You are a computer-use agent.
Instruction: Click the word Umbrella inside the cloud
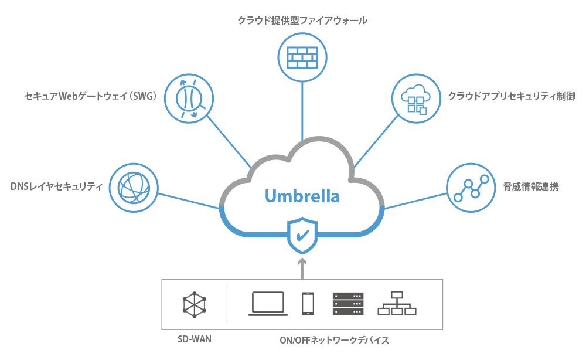[x=302, y=195]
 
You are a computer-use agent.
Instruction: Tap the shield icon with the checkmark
[x=302, y=235]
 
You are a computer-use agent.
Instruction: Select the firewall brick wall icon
[x=302, y=57]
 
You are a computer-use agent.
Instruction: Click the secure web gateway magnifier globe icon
[x=188, y=97]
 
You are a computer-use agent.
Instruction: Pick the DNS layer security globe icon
[x=134, y=187]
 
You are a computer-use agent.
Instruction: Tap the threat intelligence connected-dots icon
[x=471, y=188]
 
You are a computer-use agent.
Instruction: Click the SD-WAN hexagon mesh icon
[x=195, y=304]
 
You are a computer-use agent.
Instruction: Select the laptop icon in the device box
[x=268, y=304]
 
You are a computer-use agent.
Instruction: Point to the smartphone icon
[x=308, y=304]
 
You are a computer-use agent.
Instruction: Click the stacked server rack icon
[x=347, y=304]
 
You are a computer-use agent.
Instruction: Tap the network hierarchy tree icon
[x=397, y=304]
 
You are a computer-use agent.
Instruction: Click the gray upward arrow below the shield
[x=302, y=267]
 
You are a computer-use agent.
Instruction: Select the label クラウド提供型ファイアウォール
[x=302, y=21]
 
